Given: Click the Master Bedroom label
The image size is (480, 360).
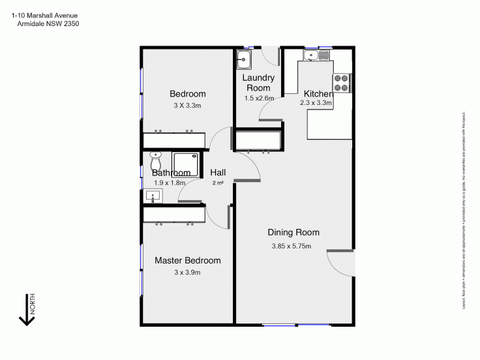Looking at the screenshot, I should [187, 260].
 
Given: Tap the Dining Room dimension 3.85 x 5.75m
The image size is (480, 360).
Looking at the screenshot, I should [291, 246].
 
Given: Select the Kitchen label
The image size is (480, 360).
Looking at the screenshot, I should [318, 94].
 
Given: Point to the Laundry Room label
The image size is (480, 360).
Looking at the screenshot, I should [258, 83].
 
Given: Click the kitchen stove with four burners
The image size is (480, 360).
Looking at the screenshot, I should [341, 82].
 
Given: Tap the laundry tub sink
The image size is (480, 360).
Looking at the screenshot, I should [245, 59].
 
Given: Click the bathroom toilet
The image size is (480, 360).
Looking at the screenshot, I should [155, 160].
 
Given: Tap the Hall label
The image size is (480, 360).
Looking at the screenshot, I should [218, 172].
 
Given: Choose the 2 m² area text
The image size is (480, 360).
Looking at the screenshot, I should [218, 183].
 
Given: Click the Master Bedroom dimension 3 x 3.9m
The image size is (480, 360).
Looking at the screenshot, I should [187, 272].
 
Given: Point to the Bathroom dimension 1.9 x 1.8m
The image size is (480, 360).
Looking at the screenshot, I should [170, 183].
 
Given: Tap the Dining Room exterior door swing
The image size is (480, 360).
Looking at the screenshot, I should [340, 262].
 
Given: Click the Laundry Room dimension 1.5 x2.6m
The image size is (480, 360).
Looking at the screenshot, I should [258, 98].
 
